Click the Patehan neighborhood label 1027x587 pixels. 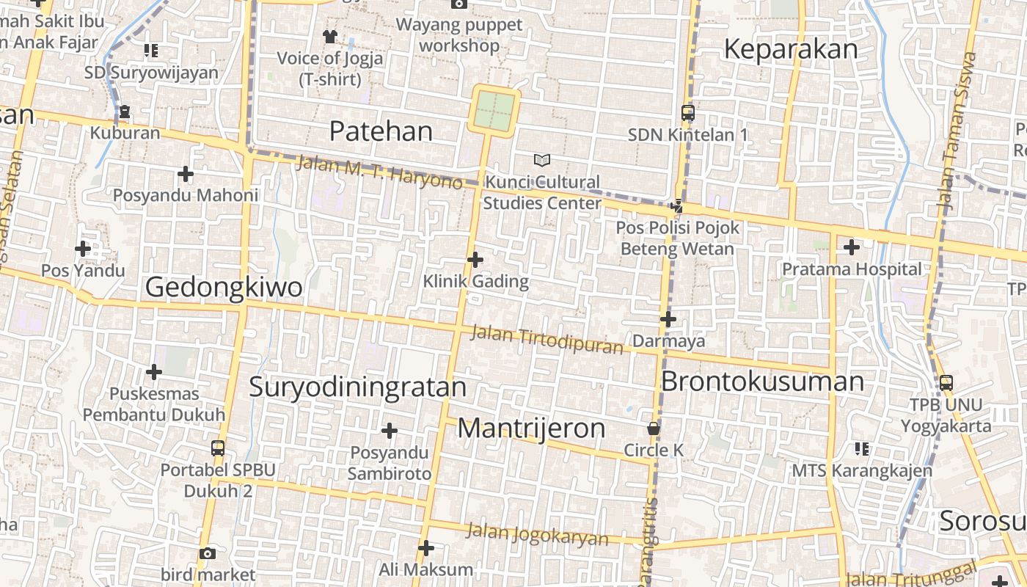tap(381, 131)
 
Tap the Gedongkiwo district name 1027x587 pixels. tap(224, 287)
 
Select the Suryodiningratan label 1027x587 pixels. tap(357, 387)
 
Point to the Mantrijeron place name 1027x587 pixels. tap(531, 429)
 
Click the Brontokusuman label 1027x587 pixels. tap(762, 382)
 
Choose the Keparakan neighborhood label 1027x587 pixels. tap(790, 49)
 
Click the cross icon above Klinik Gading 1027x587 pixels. tap(475, 259)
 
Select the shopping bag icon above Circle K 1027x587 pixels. tap(653, 428)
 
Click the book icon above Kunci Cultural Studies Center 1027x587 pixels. tap(541, 160)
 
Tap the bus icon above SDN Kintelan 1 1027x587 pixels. tap(687, 113)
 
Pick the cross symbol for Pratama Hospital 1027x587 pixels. tap(851, 247)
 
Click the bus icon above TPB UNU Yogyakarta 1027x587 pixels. tap(946, 382)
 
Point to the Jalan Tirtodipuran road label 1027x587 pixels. tap(546, 339)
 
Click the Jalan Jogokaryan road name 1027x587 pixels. tap(538, 534)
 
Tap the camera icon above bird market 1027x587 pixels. tap(208, 553)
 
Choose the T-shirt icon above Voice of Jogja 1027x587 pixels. tap(329, 36)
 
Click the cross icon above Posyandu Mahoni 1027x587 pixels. tap(186, 174)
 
